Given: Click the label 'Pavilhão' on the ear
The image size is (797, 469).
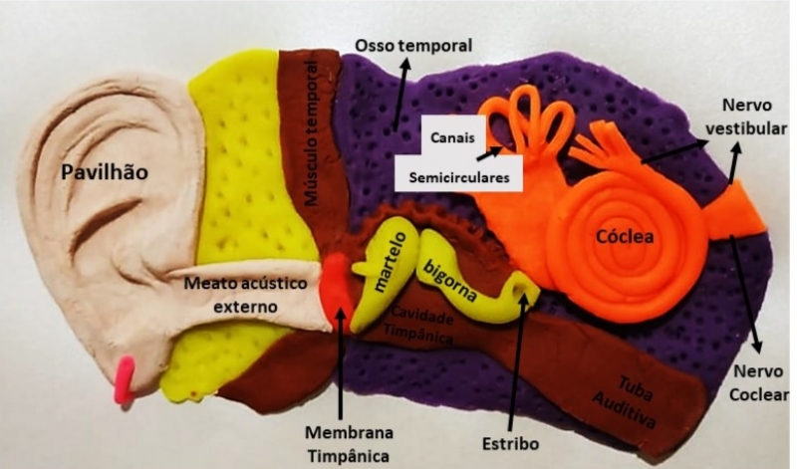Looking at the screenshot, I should (x=105, y=171).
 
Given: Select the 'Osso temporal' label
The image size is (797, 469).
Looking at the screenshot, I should (x=413, y=46).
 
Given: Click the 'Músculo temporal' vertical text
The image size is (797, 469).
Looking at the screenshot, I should (x=312, y=134).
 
